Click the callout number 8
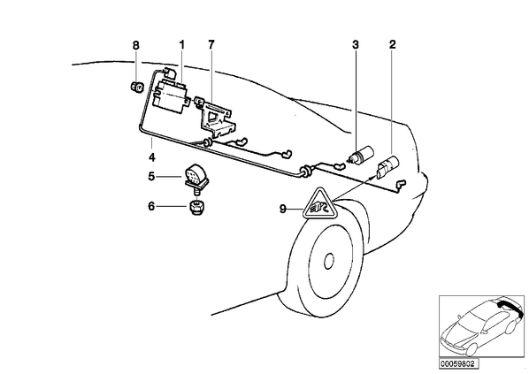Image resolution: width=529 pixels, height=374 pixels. (135, 45)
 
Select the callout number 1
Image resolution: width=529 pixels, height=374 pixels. (182, 44)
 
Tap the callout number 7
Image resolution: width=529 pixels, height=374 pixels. (211, 44)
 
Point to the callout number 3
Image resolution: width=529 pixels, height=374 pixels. (356, 44)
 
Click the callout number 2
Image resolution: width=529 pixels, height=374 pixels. (392, 44)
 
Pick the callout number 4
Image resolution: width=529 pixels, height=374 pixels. (152, 157)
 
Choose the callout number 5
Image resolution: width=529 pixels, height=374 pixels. (151, 176)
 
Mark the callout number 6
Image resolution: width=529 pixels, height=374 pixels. (151, 206)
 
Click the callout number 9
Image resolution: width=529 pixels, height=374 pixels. (283, 209)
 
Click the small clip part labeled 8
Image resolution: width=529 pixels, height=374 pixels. (136, 87)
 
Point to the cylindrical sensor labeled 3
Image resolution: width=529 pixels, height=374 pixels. (362, 155)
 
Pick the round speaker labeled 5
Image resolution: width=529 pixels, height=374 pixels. (196, 176)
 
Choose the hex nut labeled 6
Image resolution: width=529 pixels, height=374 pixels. (196, 207)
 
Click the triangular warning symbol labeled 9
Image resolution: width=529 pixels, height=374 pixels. (318, 205)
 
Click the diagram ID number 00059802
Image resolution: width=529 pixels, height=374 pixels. (458, 364)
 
